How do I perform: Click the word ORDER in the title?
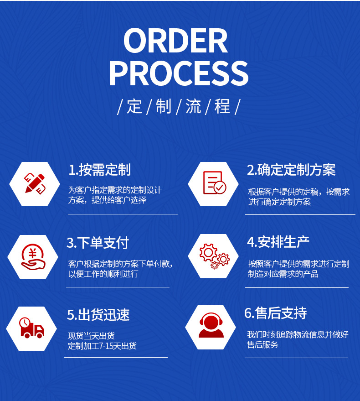point(175,41)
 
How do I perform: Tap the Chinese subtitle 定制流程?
point(179,107)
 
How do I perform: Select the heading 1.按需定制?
point(99,170)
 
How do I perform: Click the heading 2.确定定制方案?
point(291,170)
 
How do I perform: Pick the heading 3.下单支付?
point(98,243)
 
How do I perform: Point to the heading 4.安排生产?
point(278,242)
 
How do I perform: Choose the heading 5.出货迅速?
point(98,314)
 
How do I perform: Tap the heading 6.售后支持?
point(275,313)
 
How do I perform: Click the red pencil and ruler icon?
point(35,183)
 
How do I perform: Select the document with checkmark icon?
point(214,183)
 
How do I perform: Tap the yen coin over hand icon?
point(33,257)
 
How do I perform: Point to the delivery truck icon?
point(31,328)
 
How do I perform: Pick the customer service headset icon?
point(211,327)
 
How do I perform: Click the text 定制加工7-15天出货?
point(102,346)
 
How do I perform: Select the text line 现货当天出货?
point(91,336)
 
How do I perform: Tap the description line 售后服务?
point(262,345)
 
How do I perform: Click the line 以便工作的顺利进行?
point(103,274)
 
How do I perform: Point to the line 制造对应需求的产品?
point(283,274)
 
